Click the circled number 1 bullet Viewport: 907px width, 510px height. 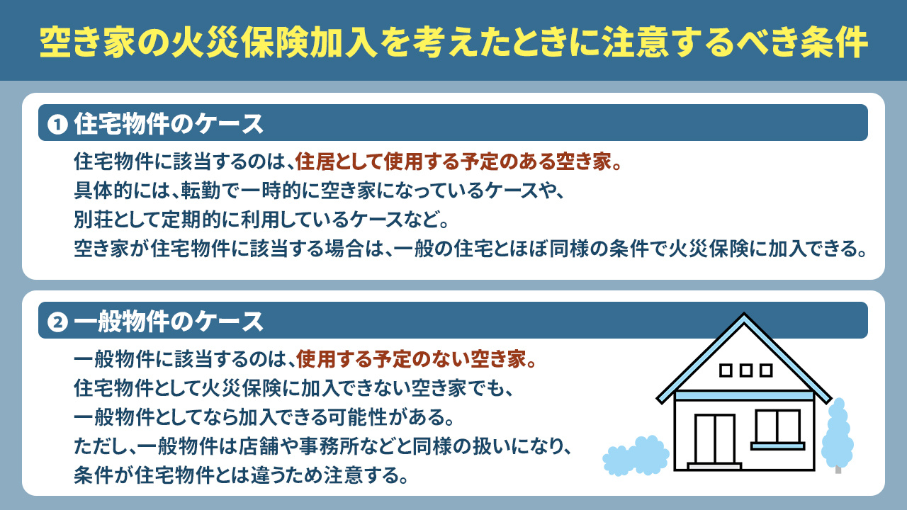(56, 125)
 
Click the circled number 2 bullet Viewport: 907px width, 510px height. (56, 323)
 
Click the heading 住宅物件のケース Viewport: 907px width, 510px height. (169, 125)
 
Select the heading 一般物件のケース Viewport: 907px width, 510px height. (169, 322)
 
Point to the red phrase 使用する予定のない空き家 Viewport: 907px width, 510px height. (415, 360)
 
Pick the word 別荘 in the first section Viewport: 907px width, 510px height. (90, 220)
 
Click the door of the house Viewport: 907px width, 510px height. (714, 439)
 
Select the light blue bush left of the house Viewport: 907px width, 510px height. (636, 456)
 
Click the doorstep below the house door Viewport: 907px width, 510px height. (714, 467)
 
